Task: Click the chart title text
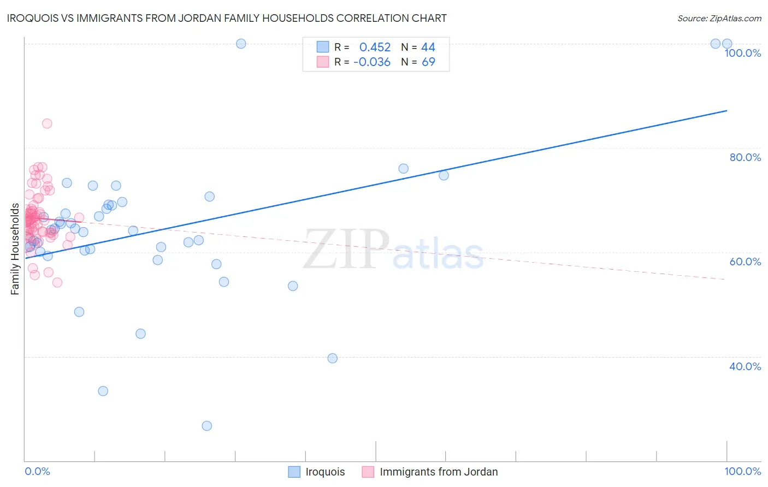pos(227,19)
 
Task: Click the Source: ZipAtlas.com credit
pos(719,19)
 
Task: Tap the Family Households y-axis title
pos(15,249)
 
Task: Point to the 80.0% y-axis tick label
pos(745,157)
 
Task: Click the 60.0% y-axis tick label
pos(745,262)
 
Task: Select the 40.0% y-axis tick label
pos(745,366)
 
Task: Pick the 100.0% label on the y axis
pos(742,53)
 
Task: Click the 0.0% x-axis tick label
pos(37,471)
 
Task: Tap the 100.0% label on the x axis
pos(742,471)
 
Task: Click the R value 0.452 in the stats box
pos(375,47)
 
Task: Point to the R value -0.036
pos(372,62)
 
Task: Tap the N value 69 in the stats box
pos(428,62)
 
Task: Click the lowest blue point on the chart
pos(206,426)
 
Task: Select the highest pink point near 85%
pos(47,123)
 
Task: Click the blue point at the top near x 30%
pos(241,44)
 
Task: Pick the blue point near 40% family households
pos(332,358)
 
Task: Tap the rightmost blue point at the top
pos(727,44)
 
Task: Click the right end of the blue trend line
pos(726,111)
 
